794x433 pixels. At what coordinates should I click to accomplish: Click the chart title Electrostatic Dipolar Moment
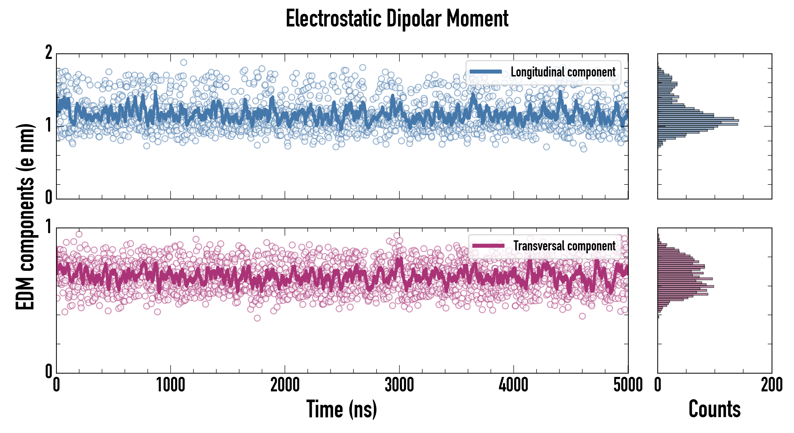(397, 19)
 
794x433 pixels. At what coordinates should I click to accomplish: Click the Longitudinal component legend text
(563, 72)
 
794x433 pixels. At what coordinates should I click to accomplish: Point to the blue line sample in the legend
(486, 72)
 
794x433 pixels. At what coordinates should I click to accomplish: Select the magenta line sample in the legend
(488, 246)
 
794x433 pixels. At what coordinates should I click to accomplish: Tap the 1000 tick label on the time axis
(170, 385)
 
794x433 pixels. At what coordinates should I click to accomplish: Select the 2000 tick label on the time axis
(285, 385)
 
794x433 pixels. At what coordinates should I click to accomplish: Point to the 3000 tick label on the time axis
(399, 385)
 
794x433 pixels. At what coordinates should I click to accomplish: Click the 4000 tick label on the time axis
(513, 385)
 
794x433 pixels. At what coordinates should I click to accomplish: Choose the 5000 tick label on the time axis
(628, 385)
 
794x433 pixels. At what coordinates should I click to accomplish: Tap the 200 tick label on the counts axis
(771, 385)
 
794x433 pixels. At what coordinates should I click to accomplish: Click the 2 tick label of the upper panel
(49, 53)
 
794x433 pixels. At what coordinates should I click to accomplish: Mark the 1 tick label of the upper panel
(49, 125)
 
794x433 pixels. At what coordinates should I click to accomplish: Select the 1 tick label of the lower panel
(49, 227)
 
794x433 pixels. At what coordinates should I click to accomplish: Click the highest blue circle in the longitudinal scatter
(184, 63)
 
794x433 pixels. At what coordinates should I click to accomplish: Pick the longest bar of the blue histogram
(698, 121)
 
